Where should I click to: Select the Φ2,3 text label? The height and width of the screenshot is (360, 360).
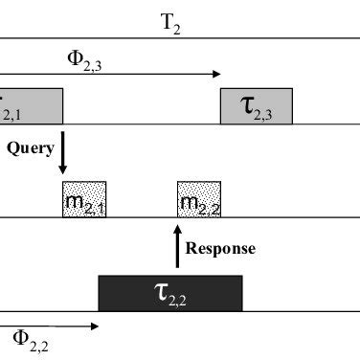[x=83, y=56]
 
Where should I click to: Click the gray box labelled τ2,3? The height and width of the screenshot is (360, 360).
[x=256, y=106]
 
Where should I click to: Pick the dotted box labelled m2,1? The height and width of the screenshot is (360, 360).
[x=84, y=199]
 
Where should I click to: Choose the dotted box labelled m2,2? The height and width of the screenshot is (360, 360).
[x=199, y=199]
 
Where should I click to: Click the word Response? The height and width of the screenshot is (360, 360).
[x=220, y=248]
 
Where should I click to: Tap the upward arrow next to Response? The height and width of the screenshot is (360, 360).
[x=177, y=246]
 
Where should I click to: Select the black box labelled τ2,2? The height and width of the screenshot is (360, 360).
[x=170, y=293]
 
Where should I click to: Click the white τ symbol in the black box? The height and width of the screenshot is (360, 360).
[x=161, y=292]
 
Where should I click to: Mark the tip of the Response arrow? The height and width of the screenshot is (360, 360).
[x=177, y=226]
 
